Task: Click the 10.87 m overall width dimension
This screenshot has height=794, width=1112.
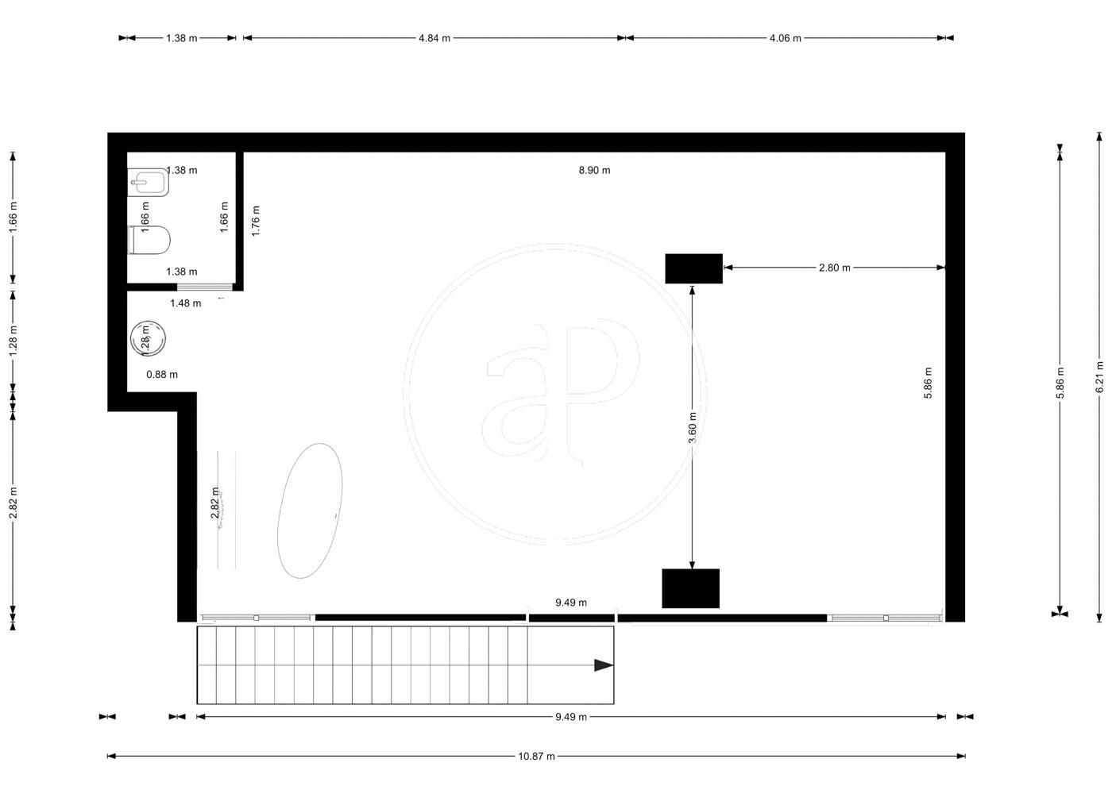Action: [536, 756]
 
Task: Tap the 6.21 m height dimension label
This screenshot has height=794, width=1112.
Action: [1100, 376]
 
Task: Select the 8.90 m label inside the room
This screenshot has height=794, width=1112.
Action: [594, 170]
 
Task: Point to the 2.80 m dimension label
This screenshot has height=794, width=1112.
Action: [835, 268]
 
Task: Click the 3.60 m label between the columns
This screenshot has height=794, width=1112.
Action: [693, 428]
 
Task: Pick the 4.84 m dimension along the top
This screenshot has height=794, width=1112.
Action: [434, 38]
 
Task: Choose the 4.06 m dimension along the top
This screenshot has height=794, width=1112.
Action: [786, 38]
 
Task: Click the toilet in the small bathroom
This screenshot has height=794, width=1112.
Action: [149, 240]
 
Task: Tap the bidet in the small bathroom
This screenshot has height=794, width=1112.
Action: [148, 182]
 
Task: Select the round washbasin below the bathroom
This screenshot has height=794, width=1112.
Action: [148, 338]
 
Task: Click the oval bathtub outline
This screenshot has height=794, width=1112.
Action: [310, 511]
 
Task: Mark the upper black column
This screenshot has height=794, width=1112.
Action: [693, 268]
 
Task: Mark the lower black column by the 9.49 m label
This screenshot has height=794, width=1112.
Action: [690, 588]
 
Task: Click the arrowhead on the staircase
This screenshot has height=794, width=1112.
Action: [604, 665]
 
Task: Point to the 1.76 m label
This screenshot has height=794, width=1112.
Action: [256, 221]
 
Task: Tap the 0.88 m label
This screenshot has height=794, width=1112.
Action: [162, 375]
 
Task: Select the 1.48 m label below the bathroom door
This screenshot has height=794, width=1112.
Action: [186, 303]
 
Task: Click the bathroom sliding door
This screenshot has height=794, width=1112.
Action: [205, 287]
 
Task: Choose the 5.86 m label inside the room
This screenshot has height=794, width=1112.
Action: [928, 383]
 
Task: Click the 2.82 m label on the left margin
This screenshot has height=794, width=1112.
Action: [14, 503]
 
